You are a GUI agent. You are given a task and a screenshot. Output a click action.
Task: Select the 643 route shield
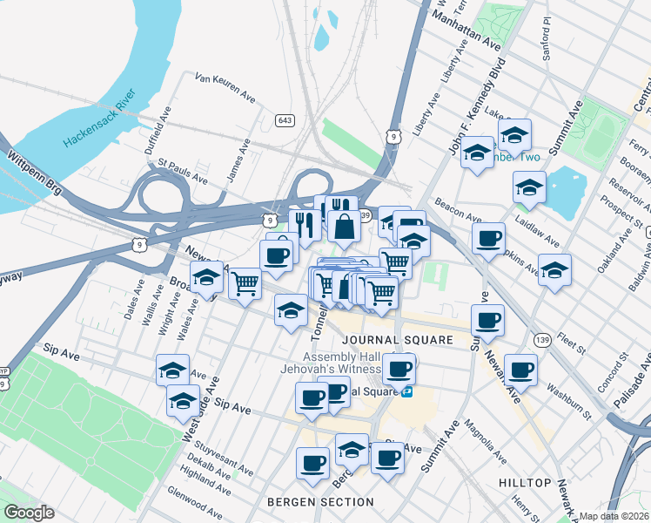pos(284,119)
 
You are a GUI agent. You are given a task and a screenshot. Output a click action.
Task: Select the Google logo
pos(28,513)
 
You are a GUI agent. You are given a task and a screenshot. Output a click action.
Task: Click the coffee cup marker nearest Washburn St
pos(520,369)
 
